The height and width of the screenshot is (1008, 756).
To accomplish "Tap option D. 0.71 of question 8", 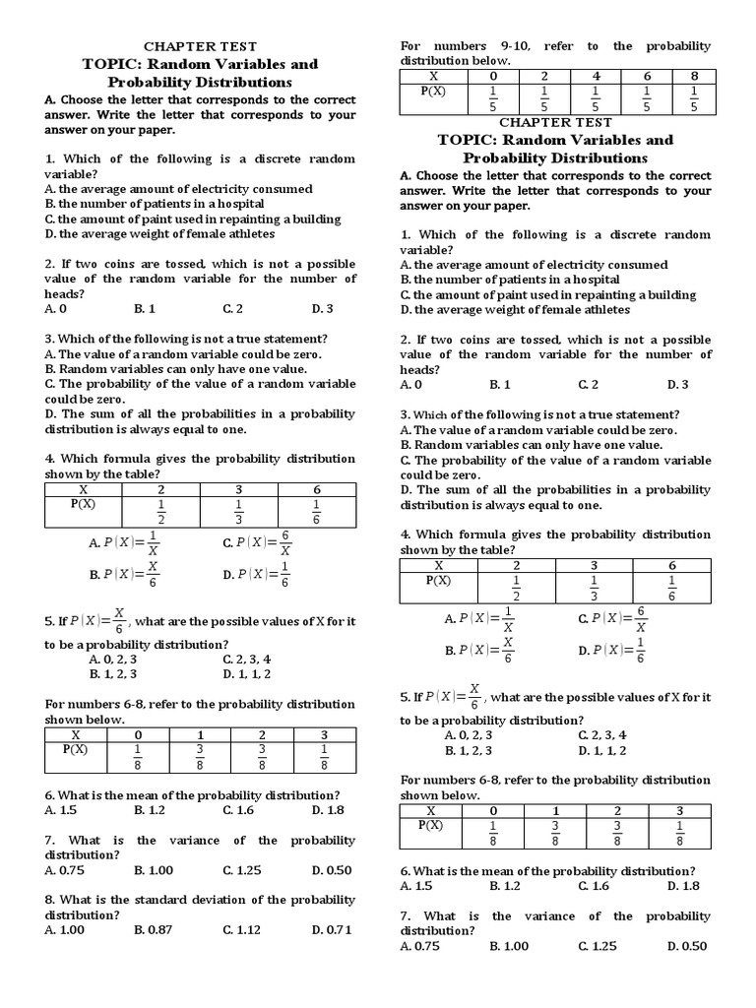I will pos(332,929).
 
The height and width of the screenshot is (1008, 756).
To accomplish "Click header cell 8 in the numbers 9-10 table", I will pos(694,76).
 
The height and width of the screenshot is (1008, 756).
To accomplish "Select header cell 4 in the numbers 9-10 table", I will pos(596,76).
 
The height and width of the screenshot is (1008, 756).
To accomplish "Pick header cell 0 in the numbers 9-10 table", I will pos(493,76).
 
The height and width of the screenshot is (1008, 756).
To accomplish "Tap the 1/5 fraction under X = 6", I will pos(647,98).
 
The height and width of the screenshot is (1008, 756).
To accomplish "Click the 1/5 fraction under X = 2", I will pos(544,98).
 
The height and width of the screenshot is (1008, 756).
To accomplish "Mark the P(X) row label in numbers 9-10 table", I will pos(433,91).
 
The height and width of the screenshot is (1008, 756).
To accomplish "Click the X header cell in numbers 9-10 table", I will pos(433,76).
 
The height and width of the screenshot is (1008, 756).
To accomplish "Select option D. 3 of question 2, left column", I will pos(323,308).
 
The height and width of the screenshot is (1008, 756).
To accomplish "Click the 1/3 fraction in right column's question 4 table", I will pos(594,589).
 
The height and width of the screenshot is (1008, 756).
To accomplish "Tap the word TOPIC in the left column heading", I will pos(113,64).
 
